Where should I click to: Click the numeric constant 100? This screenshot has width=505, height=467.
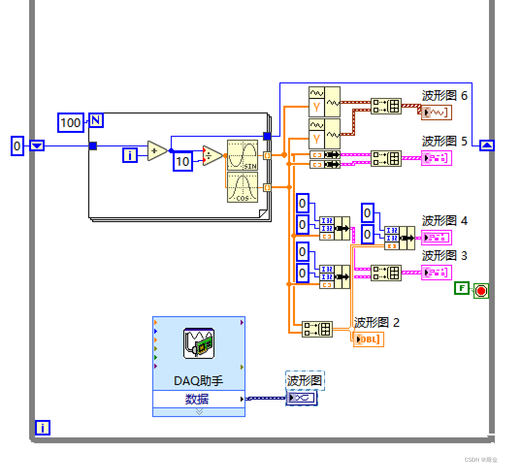pyautogui.click(x=70, y=122)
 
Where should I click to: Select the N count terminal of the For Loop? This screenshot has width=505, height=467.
pyautogui.click(x=96, y=120)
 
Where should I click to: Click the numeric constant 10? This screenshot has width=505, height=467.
pyautogui.click(x=182, y=161)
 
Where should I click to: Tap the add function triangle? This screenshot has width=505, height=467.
pyautogui.click(x=156, y=151)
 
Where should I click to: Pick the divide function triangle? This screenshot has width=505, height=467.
pyautogui.click(x=212, y=156)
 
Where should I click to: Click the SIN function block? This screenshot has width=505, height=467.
pyautogui.click(x=243, y=155)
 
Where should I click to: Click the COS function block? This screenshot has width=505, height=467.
pyautogui.click(x=243, y=187)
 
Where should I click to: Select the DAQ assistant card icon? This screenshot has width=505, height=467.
pyautogui.click(x=199, y=343)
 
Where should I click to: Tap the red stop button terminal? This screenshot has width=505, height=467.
pyautogui.click(x=481, y=290)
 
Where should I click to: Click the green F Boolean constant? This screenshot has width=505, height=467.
pyautogui.click(x=461, y=289)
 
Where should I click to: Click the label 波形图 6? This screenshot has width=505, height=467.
pyautogui.click(x=444, y=96)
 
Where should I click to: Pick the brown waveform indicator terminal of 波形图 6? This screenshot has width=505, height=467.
pyautogui.click(x=437, y=112)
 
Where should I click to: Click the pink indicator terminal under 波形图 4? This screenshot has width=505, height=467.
pyautogui.click(x=437, y=238)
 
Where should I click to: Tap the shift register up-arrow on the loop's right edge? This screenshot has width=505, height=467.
pyautogui.click(x=487, y=145)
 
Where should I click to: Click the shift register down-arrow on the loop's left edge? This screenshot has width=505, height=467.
pyautogui.click(x=37, y=145)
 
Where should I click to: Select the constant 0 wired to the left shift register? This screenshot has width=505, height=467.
pyautogui.click(x=17, y=145)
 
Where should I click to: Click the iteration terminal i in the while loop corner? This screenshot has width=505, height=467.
pyautogui.click(x=43, y=428)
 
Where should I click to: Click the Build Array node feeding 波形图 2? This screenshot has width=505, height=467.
pyautogui.click(x=317, y=329)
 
